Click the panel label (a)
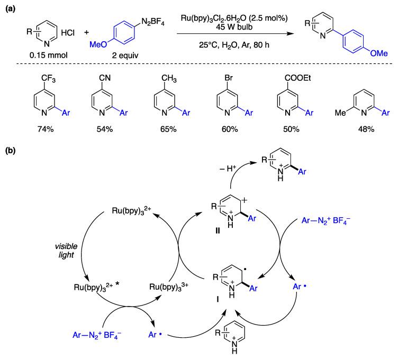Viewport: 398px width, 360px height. [10, 7]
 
